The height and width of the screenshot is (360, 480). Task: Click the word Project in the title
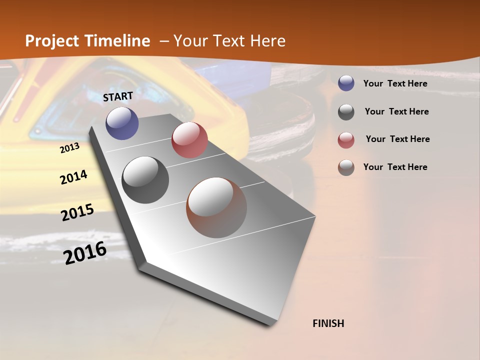52,41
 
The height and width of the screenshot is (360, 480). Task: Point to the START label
118,96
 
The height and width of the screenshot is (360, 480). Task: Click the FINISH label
328,323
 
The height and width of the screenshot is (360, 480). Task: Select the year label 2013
69,148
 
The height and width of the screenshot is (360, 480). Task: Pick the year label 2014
73,177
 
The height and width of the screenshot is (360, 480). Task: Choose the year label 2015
77,212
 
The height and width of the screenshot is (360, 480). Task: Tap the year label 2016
85,252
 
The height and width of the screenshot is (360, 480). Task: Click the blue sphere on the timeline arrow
122,123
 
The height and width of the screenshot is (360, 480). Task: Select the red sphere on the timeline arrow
189,140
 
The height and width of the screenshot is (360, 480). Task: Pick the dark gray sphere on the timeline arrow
145,180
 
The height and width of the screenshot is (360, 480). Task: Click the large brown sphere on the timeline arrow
216,207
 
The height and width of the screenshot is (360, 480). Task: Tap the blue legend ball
346,83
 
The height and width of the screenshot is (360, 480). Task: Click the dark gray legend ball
346,112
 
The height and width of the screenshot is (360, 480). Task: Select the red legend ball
346,139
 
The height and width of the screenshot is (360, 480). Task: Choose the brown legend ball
346,167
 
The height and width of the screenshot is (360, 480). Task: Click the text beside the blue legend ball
395,83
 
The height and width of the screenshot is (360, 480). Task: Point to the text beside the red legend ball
397,139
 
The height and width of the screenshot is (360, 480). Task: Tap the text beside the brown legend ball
395,167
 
